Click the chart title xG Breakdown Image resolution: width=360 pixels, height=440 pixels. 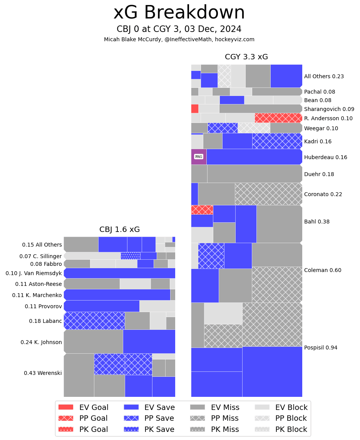(179, 13)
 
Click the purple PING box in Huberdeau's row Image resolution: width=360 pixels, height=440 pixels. (199, 157)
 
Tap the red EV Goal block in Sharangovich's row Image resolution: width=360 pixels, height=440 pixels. (195, 109)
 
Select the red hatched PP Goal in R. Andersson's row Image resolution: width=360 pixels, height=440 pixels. (278, 118)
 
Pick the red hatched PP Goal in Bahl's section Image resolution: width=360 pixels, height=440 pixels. (202, 210)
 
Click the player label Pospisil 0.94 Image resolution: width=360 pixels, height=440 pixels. (320, 348)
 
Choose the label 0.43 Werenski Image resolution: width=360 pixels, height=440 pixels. (43, 373)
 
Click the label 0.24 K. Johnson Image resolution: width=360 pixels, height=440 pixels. (41, 342)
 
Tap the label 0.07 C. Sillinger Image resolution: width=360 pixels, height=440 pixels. (40, 256)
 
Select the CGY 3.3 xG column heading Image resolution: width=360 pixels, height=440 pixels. (246, 57)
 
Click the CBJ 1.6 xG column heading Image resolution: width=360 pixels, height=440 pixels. (119, 230)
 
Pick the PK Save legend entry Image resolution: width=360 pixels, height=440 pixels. (149, 429)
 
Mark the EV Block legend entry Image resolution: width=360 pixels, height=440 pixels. (281, 407)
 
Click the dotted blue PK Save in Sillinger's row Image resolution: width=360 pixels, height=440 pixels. (131, 256)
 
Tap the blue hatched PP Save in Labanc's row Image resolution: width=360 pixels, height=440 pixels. (94, 321)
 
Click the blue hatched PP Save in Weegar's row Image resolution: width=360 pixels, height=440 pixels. (223, 128)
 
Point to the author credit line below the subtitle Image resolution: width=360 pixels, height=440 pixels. (179, 39)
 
